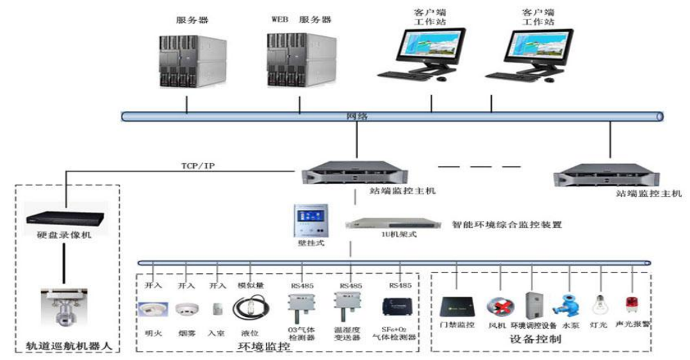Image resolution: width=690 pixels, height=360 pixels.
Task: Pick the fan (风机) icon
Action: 499,306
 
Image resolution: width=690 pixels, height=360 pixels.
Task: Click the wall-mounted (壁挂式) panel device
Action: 306,221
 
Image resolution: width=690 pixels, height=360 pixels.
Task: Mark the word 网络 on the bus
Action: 356,116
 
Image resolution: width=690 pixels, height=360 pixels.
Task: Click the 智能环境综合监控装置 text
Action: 507,224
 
